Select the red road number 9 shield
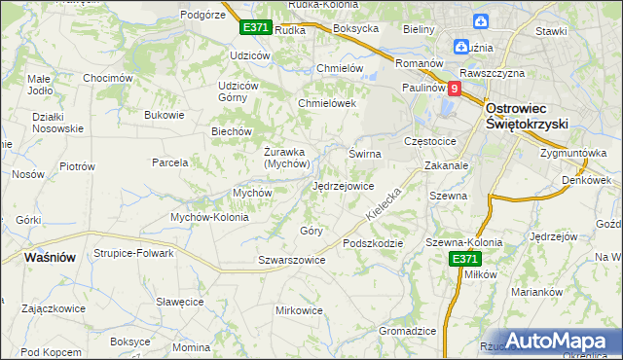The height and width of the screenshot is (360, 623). pyautogui.click(x=454, y=88)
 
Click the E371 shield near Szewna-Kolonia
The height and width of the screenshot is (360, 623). pyautogui.click(x=464, y=259)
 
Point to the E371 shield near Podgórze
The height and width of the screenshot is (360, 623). pyautogui.click(x=256, y=27)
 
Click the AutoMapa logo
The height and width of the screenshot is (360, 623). pyautogui.click(x=551, y=341)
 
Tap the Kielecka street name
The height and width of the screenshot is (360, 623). pyautogui.click(x=385, y=202)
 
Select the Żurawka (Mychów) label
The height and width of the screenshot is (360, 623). pyautogui.click(x=285, y=157)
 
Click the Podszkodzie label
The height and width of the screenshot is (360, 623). pyautogui.click(x=372, y=242)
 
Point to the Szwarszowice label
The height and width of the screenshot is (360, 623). pyautogui.click(x=291, y=260)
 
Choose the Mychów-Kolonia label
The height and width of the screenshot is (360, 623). pyautogui.click(x=209, y=217)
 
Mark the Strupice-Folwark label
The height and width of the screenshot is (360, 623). pyautogui.click(x=133, y=253)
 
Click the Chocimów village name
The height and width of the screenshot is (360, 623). pyautogui.click(x=107, y=78)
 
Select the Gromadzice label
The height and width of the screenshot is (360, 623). pyautogui.click(x=407, y=331)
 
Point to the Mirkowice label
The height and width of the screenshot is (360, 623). pyautogui.click(x=299, y=310)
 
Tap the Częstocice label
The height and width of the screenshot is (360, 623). pyautogui.click(x=436, y=141)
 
